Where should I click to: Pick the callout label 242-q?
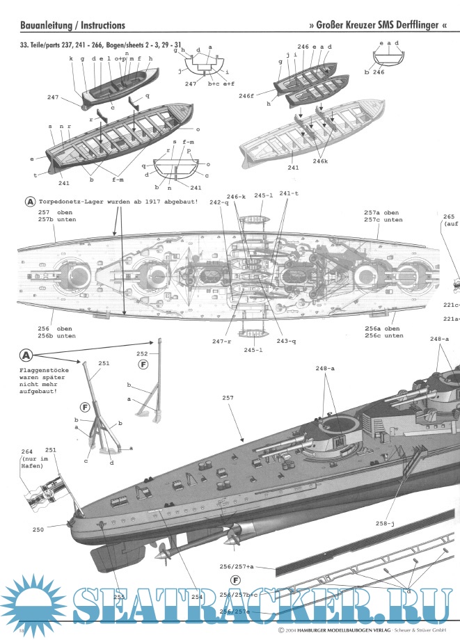pyautogui.click(x=218, y=202)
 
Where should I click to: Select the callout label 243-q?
pyautogui.click(x=285, y=341)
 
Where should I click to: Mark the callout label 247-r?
pyautogui.click(x=222, y=341)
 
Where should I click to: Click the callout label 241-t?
pyautogui.click(x=290, y=194)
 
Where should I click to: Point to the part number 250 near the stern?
pyautogui.click(x=38, y=530)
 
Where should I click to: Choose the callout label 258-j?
pyautogui.click(x=386, y=522)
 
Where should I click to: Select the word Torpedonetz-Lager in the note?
pyautogui.click(x=73, y=202)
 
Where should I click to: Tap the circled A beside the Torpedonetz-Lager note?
pyautogui.click(x=30, y=202)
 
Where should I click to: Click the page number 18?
pyautogui.click(x=22, y=630)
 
